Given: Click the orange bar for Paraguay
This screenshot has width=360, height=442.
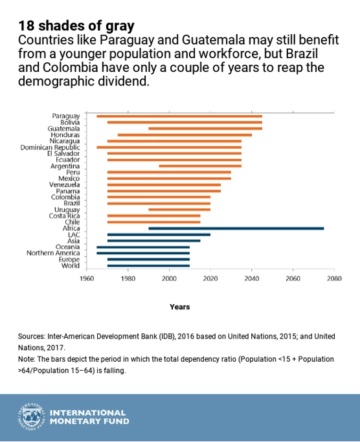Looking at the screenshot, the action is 179,116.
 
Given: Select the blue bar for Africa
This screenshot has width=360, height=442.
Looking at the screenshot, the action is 236,228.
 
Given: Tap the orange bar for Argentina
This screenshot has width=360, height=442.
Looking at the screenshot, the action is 200,166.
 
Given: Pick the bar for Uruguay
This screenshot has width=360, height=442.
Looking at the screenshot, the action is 179,210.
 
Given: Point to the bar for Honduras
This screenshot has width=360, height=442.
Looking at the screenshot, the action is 185,135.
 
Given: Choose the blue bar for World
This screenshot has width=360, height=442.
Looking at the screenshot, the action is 148,265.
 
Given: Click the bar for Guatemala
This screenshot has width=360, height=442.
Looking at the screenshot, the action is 205,129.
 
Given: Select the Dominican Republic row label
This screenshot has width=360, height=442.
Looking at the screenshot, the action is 50,148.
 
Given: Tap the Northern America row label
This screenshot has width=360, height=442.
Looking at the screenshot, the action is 53,253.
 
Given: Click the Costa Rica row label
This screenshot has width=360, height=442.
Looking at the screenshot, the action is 64,215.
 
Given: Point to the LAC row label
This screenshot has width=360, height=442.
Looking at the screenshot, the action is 74,234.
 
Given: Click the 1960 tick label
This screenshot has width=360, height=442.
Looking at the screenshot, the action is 87,278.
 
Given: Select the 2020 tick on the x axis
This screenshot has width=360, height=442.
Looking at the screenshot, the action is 210,269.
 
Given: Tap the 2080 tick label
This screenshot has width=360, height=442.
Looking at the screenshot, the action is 334,278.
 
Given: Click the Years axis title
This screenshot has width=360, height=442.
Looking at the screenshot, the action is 180,307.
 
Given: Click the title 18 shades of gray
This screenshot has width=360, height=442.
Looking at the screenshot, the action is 76,26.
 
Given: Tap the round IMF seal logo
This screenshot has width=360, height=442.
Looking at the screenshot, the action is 32,417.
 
